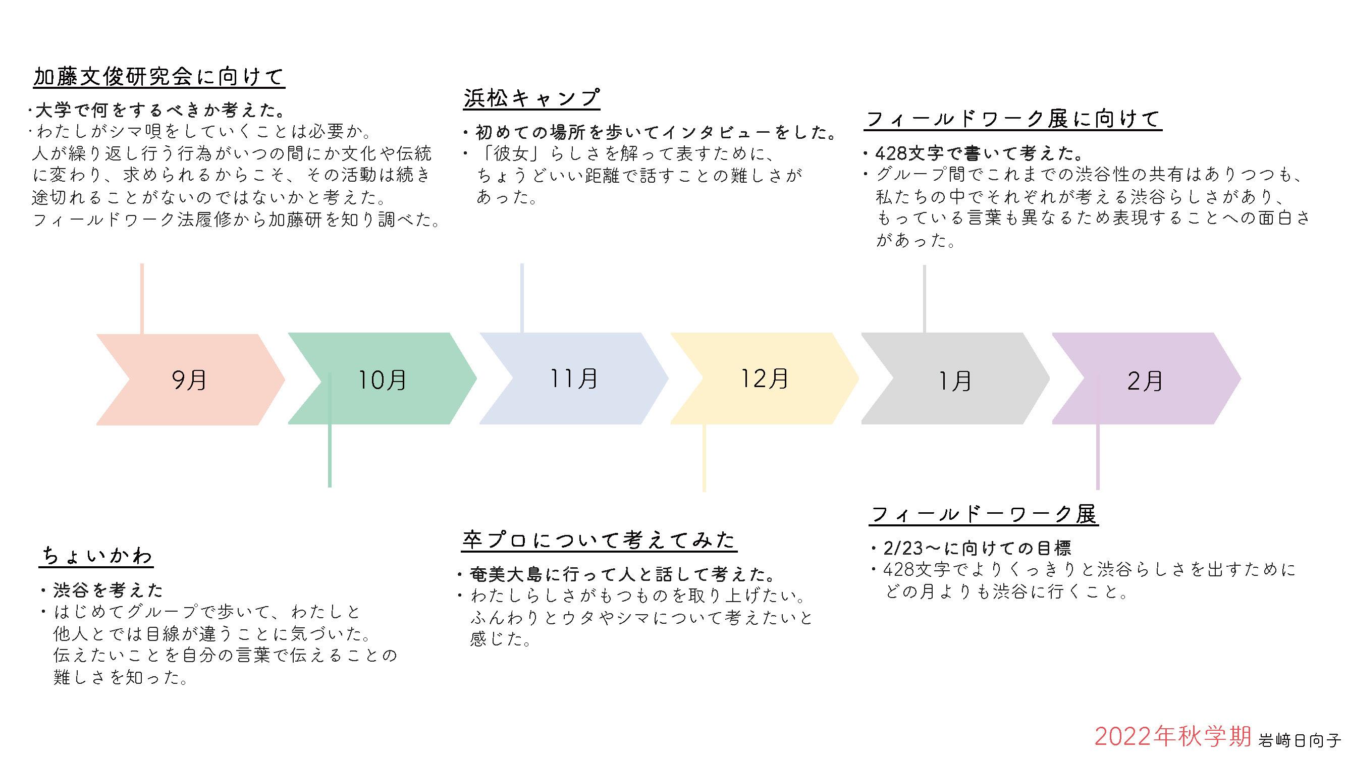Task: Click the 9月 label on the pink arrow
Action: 189,380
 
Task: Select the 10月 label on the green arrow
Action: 382,380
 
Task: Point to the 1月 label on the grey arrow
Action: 955,381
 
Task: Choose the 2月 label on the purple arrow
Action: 1145,381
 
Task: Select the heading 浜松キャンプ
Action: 531,98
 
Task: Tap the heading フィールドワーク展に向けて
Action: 1012,119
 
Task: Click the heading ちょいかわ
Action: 97,556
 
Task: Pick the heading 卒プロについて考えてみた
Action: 600,540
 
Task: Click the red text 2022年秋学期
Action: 1173,737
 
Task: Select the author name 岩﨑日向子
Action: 1299,740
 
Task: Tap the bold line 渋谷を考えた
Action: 108,590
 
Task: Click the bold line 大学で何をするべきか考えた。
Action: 160,111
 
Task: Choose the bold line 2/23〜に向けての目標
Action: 977,548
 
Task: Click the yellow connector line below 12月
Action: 704,458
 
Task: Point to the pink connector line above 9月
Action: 142,298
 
